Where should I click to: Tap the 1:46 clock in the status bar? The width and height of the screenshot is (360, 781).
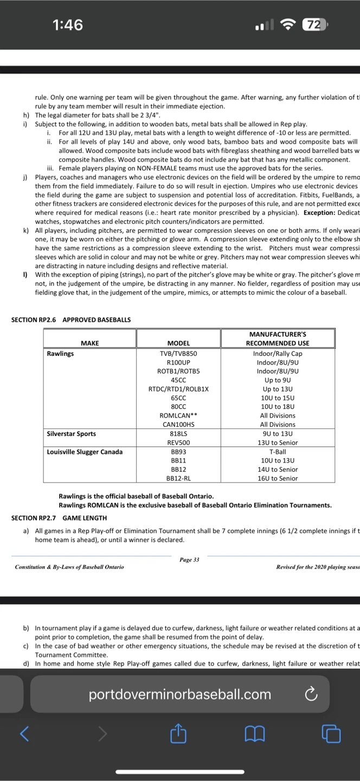pos(68,25)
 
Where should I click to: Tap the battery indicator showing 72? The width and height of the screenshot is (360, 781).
pos(314,25)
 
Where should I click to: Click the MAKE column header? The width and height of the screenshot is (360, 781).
pos(90,343)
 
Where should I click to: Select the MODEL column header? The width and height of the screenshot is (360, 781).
pos(178,343)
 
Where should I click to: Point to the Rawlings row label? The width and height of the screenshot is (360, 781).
pos(61,354)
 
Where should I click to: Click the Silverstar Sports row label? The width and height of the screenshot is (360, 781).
pos(72,434)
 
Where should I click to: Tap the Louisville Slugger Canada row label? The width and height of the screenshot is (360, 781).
pos(85,452)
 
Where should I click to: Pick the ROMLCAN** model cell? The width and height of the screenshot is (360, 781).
pos(178,415)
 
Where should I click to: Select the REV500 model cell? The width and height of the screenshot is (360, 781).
pos(178,443)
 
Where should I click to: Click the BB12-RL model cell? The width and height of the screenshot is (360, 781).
pos(178,478)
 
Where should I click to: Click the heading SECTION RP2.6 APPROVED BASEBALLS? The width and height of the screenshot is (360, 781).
pos(71,320)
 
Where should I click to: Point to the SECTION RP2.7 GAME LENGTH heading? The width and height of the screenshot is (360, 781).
pos(59,518)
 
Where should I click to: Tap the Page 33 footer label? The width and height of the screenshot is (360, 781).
pos(189,545)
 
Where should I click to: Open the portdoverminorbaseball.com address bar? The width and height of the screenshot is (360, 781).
pos(179,694)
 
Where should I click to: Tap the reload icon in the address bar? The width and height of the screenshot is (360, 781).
pos(311,694)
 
